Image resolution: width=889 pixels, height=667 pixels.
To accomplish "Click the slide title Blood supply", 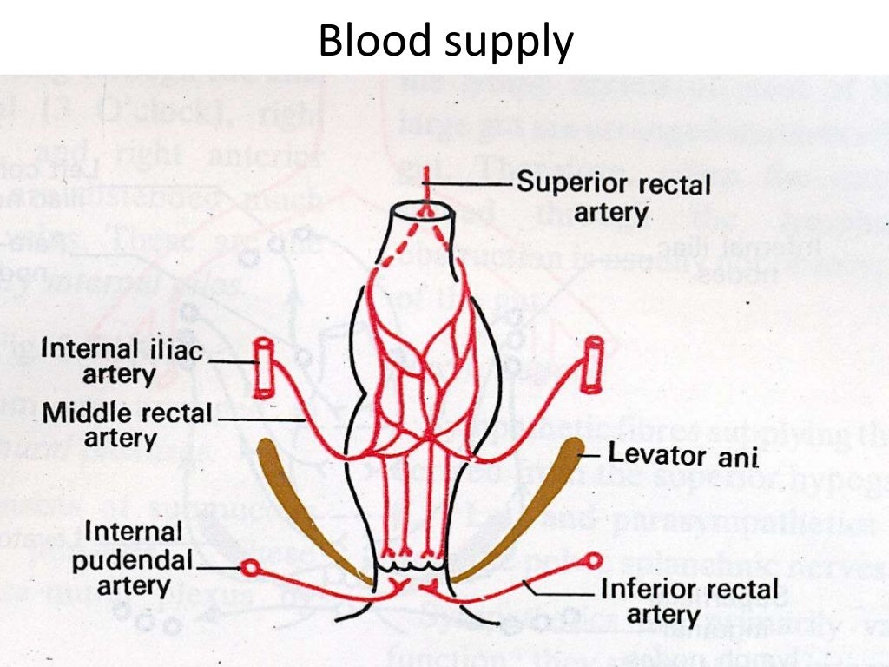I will click(x=445, y=41).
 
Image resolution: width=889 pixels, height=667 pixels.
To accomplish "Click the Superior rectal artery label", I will click(x=613, y=198).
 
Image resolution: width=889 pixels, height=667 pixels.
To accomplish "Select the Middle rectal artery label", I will click(x=128, y=425).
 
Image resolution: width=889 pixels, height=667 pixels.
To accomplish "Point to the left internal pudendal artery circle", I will click(x=251, y=567).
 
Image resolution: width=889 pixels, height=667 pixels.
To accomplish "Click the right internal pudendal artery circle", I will click(x=595, y=560).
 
